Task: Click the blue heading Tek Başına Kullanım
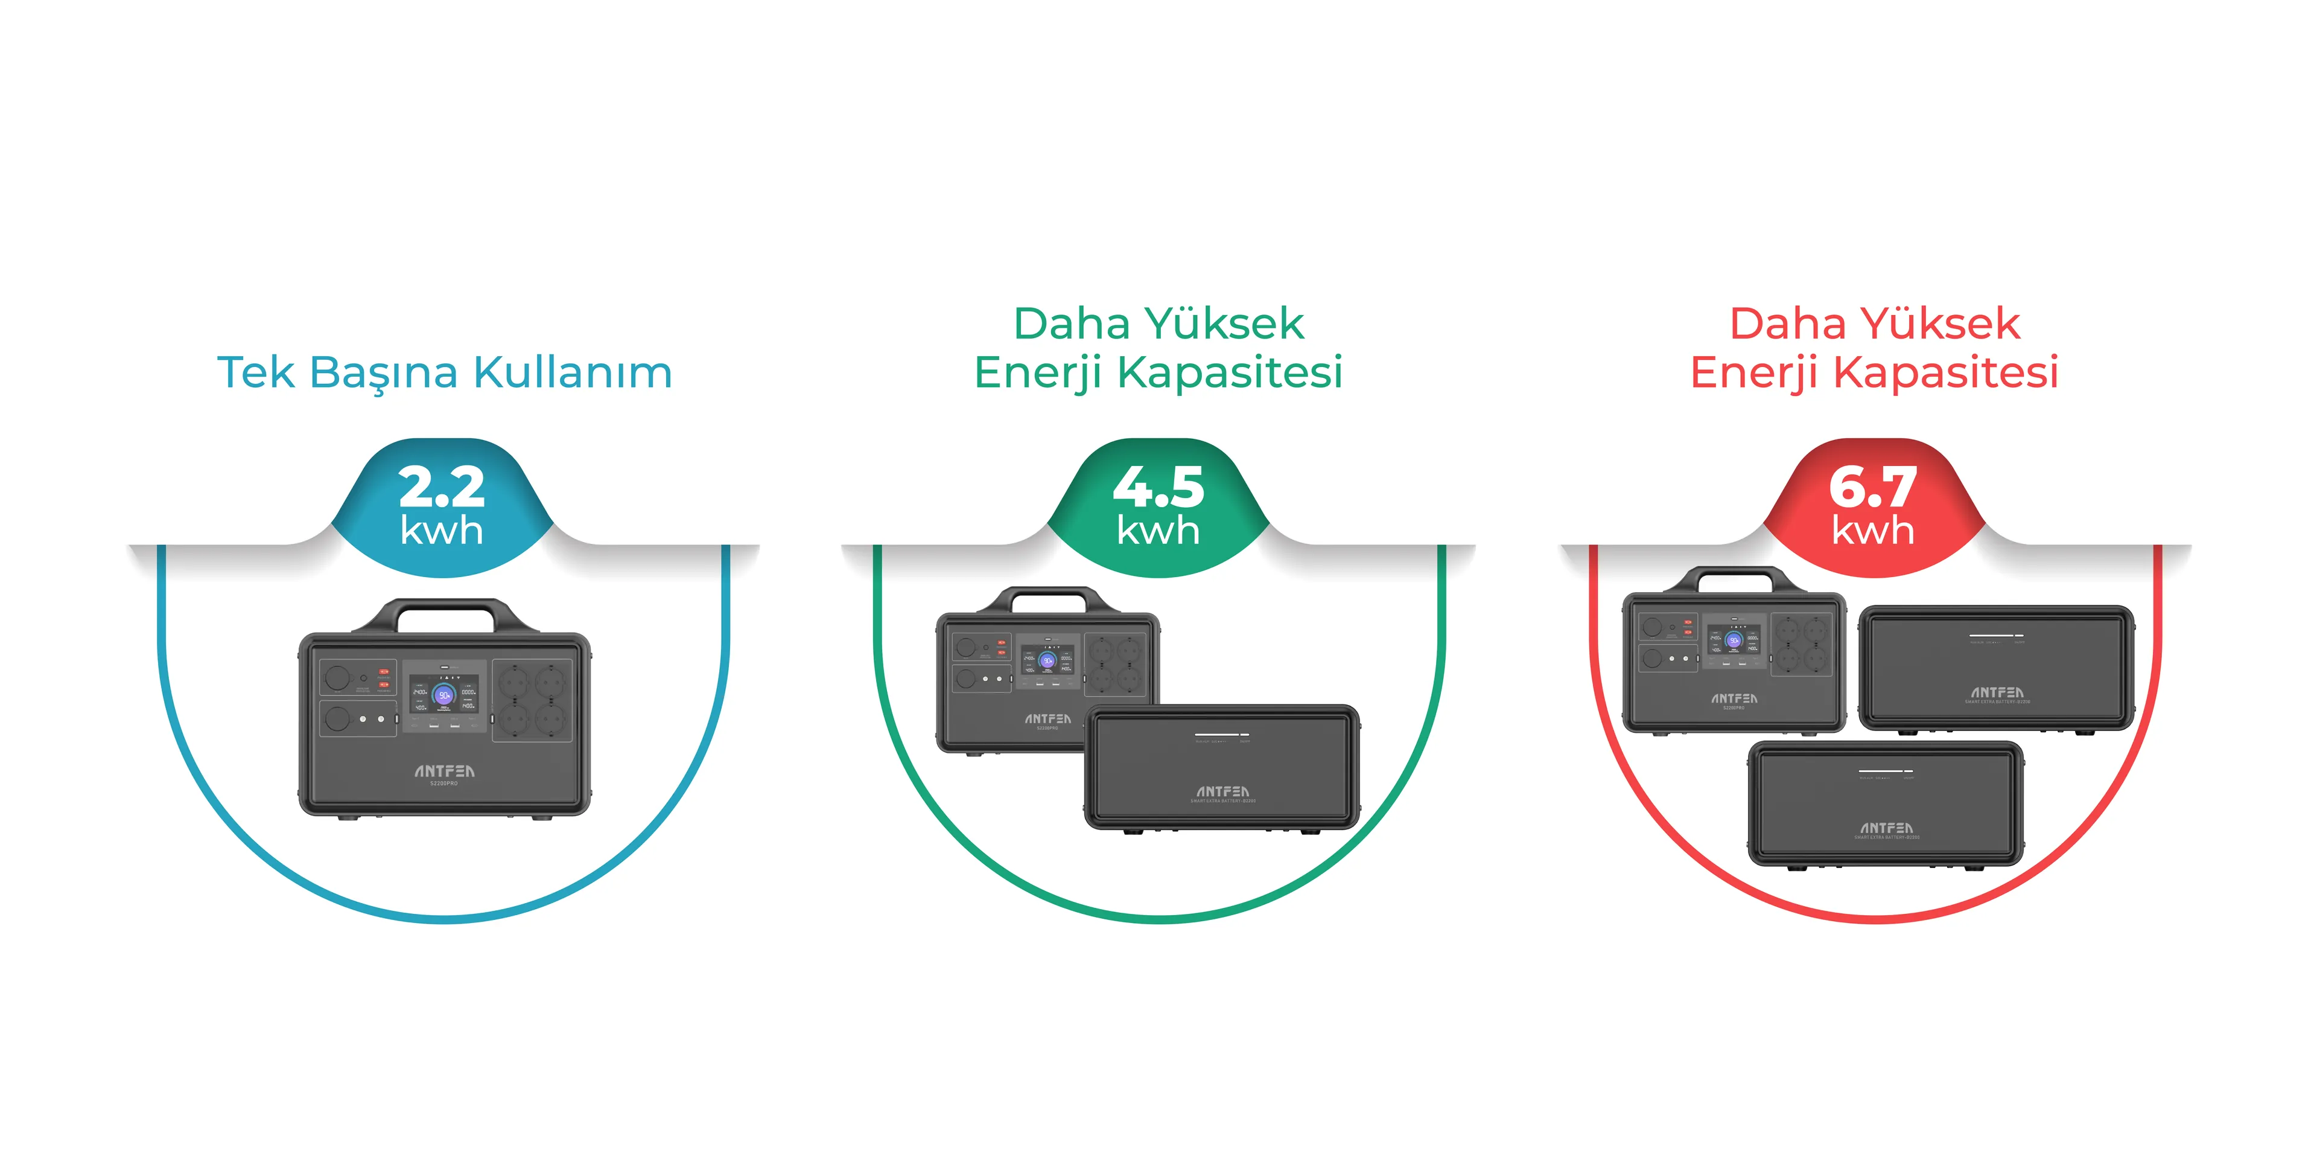click(444, 372)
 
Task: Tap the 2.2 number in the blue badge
click(442, 486)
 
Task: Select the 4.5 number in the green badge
click(1158, 486)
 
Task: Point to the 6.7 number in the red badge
click(1873, 486)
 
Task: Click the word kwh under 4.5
click(1158, 531)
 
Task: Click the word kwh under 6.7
click(1873, 531)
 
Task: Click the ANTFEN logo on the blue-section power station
click(444, 771)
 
